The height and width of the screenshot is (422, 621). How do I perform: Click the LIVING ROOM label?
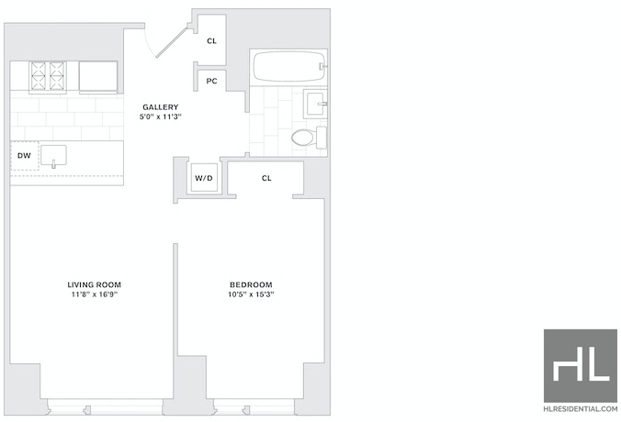point(95,284)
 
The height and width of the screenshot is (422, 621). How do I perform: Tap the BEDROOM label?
point(251,284)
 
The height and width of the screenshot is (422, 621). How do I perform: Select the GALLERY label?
point(161,106)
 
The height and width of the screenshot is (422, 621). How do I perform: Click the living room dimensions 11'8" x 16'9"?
point(95,294)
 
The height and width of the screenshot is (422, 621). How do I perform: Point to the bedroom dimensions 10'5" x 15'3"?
point(251,294)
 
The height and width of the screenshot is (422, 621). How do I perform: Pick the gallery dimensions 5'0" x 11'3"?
point(161,117)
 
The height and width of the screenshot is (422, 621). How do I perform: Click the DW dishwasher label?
point(24,155)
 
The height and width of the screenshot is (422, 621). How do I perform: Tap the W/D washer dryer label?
point(204,178)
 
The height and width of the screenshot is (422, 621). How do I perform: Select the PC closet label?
point(212,81)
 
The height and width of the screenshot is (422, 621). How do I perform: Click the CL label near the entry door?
point(212,40)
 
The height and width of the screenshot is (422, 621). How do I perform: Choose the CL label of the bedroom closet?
point(266,178)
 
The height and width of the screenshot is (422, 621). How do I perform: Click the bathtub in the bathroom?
point(289,66)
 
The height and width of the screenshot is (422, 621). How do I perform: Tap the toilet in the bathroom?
point(309,138)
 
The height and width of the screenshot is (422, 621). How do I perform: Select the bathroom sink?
point(316,104)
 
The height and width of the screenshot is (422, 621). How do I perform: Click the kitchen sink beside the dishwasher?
point(54,155)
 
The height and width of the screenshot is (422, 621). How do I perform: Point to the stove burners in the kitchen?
point(48,76)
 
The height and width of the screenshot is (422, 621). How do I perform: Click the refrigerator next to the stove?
point(98,76)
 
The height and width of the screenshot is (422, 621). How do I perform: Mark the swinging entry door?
point(172,42)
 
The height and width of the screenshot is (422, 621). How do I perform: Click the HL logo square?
point(581,366)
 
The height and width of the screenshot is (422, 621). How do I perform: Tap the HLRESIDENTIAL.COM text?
point(581,409)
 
